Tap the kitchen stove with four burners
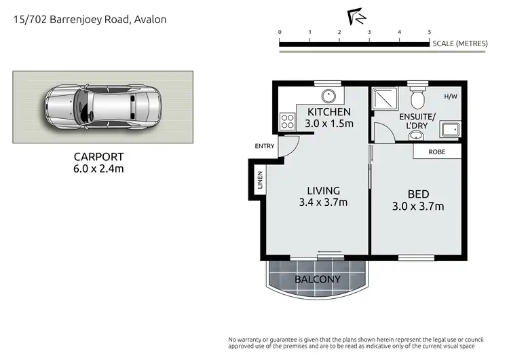pyautogui.click(x=286, y=123)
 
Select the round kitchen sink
pyautogui.click(x=328, y=95)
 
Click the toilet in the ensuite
pyautogui.click(x=418, y=101)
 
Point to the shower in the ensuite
pyautogui.click(x=383, y=100)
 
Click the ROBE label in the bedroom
pyautogui.click(x=436, y=152)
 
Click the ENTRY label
pyautogui.click(x=265, y=146)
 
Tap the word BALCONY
pyautogui.click(x=318, y=279)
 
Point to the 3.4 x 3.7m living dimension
pyautogui.click(x=324, y=202)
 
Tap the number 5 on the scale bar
pyautogui.click(x=429, y=32)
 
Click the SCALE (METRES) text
pyautogui.click(x=460, y=43)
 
